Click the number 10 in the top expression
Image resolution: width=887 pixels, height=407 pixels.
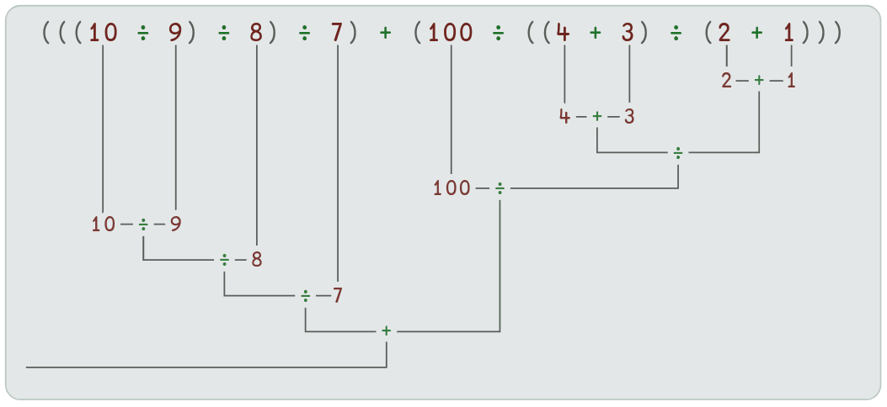point(102,33)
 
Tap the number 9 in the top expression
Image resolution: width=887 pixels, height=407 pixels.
point(175,33)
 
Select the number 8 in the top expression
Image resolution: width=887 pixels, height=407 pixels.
point(255,33)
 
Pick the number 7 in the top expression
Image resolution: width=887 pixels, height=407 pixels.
point(337,33)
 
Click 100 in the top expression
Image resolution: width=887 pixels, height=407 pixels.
point(452,33)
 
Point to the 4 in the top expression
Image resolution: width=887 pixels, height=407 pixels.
point(564,33)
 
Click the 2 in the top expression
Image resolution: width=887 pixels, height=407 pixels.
point(726,33)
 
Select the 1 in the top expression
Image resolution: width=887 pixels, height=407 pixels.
point(790,33)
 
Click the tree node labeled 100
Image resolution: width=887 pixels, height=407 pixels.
point(452,188)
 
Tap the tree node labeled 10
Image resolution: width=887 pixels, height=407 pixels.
point(102,225)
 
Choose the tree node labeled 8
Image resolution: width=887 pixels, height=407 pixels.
point(256,260)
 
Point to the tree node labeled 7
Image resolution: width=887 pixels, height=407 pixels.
point(337,296)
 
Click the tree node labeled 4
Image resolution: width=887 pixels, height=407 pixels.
point(564,116)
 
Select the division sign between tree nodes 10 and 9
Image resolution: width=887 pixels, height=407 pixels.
point(143,225)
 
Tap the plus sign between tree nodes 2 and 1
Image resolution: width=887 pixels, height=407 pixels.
point(759,81)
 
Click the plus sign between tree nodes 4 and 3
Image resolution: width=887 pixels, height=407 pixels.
point(597,116)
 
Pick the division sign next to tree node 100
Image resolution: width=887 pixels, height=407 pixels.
point(500,188)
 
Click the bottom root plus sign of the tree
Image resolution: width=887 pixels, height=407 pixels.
point(387,331)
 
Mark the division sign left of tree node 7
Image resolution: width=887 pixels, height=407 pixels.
point(306,296)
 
